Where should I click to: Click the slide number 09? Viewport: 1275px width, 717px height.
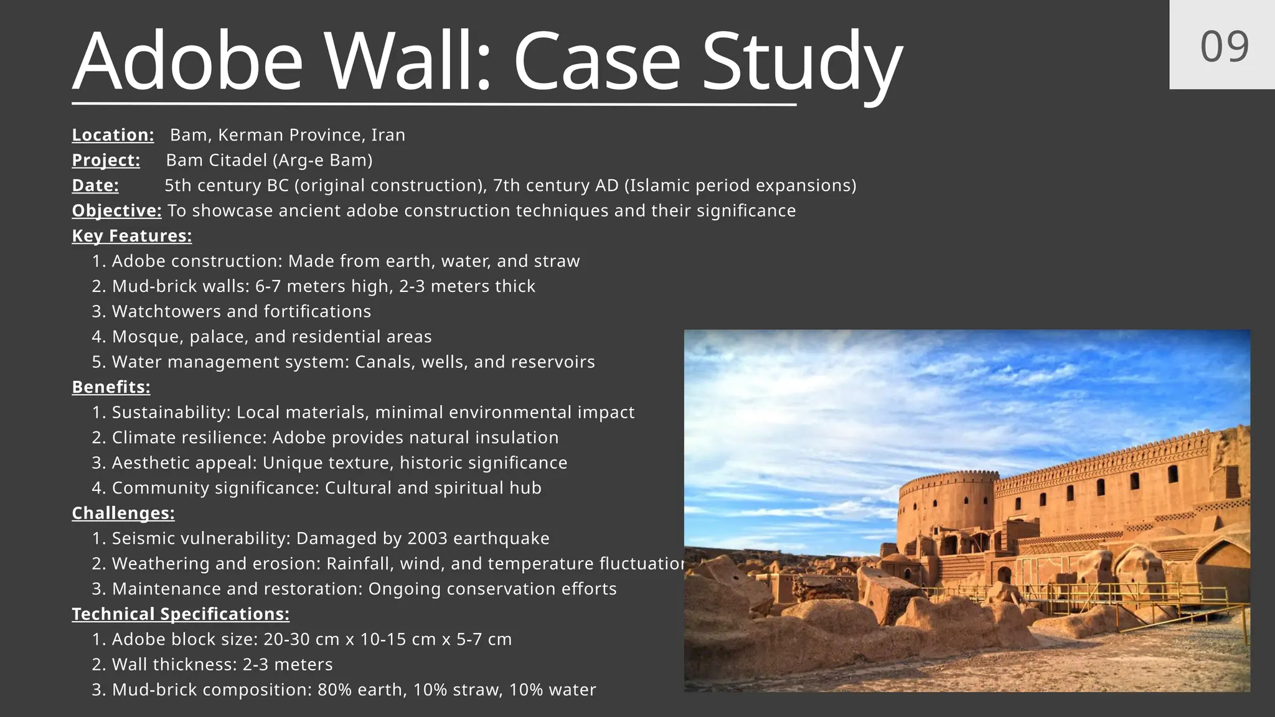[x=1224, y=47]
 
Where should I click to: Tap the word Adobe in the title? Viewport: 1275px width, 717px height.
[x=187, y=62]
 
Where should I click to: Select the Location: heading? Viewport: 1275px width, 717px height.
[x=113, y=135]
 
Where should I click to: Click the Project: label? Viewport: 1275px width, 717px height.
[x=106, y=160]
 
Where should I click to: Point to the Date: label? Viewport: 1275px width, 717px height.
[x=95, y=185]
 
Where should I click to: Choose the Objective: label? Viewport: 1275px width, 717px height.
[x=116, y=210]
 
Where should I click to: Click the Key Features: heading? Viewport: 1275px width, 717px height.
[x=132, y=236]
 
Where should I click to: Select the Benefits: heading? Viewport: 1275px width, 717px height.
[x=111, y=387]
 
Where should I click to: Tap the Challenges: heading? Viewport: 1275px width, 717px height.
[x=123, y=513]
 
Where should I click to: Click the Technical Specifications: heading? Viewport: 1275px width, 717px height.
[x=181, y=614]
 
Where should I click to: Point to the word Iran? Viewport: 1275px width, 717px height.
[x=388, y=135]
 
